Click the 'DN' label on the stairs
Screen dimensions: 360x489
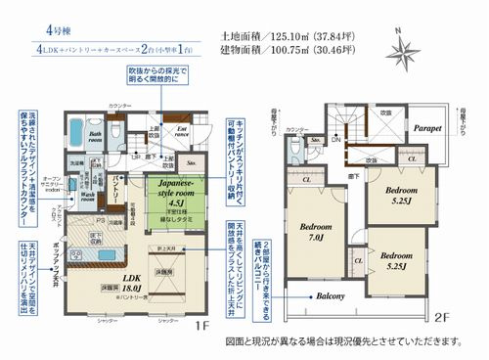(x=335, y=141)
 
